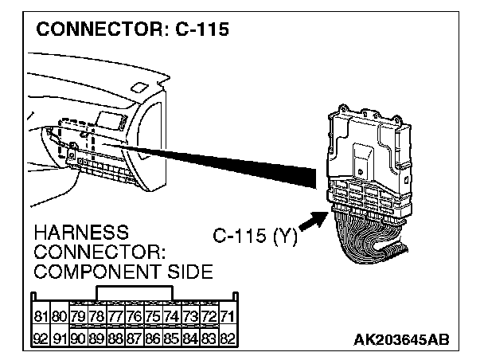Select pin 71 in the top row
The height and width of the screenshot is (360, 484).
click(x=228, y=317)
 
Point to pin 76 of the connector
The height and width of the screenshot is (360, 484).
click(x=135, y=317)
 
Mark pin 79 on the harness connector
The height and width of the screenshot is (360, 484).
click(x=78, y=317)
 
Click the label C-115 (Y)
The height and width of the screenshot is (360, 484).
click(x=255, y=237)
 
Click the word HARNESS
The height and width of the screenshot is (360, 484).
click(x=82, y=233)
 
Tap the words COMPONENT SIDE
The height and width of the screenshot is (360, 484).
click(x=123, y=272)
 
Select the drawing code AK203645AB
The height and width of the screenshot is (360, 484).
click(x=401, y=340)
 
